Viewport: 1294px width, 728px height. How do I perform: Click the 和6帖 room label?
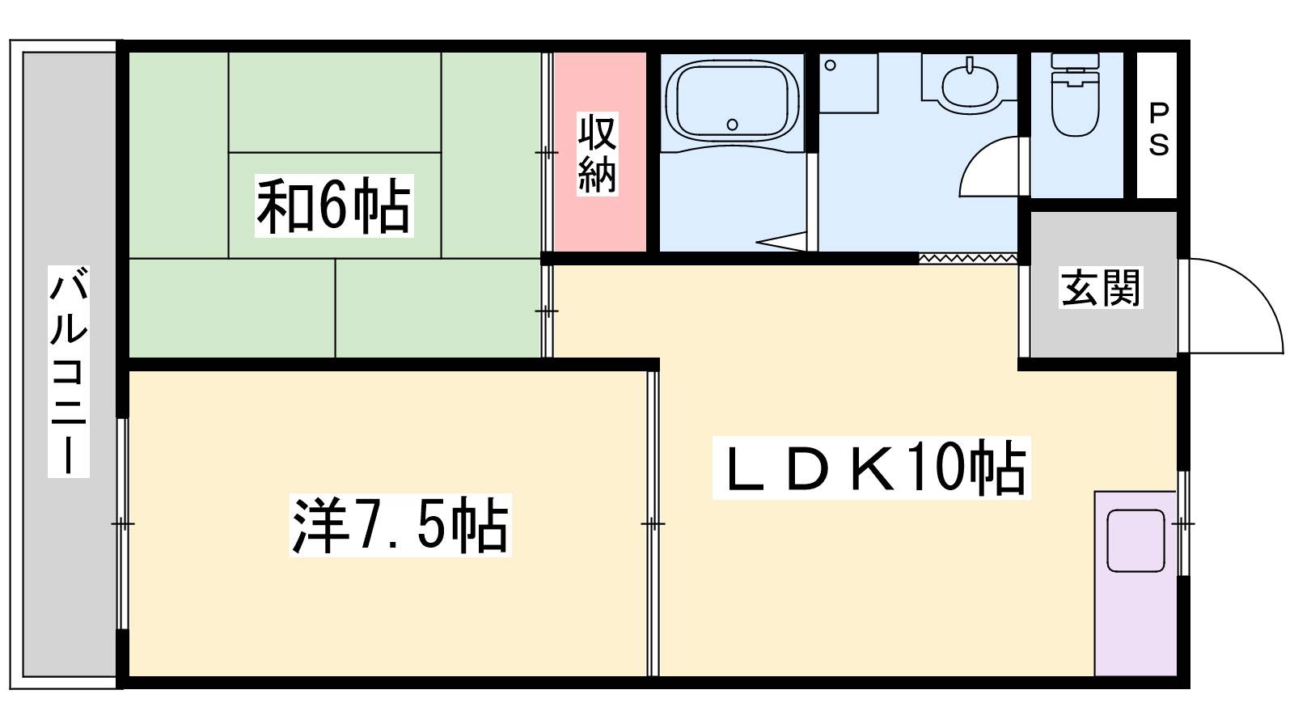click(334, 205)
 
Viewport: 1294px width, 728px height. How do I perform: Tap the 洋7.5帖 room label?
click(400, 525)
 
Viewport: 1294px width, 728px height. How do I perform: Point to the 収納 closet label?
click(598, 154)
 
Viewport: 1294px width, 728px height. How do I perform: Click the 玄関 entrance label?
click(1101, 287)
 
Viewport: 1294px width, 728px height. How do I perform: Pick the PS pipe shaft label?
click(1158, 129)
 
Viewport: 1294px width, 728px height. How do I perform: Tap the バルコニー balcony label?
click(68, 371)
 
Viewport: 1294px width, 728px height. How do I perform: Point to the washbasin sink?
click(970, 85)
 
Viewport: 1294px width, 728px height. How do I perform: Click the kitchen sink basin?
click(1135, 541)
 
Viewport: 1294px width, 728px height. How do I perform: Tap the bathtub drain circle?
click(732, 125)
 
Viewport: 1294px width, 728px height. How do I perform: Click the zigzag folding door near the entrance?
click(968, 258)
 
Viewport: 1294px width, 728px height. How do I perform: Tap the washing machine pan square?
click(848, 83)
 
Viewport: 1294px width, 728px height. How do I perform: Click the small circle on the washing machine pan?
click(831, 66)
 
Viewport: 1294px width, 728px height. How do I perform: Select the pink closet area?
click(599, 153)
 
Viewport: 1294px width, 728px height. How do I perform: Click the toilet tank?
click(1075, 61)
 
